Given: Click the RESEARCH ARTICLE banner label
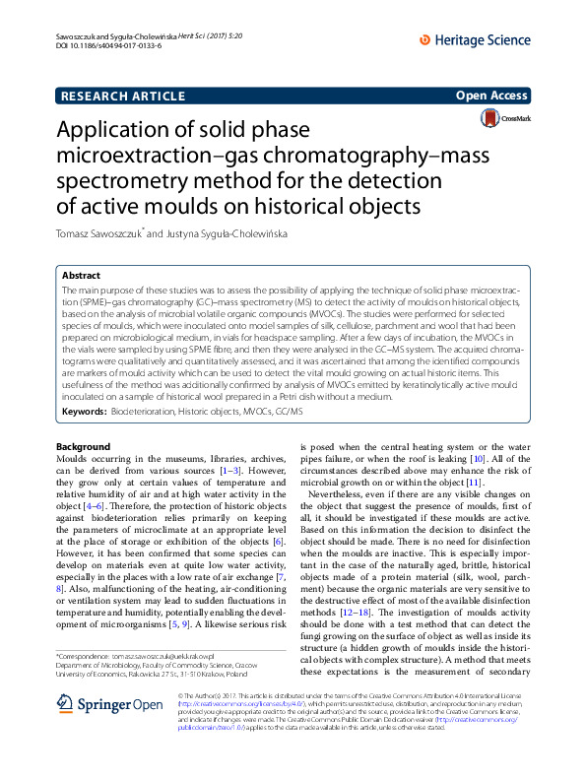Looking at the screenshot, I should click(x=123, y=96).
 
